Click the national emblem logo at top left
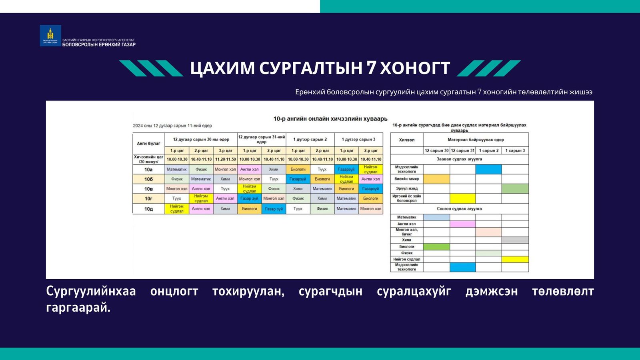click(x=50, y=36)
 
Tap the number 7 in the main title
click(x=371, y=68)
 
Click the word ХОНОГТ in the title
click(x=415, y=68)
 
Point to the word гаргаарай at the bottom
click(x=78, y=308)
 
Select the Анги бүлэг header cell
click(x=148, y=143)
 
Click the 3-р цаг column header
click(x=225, y=151)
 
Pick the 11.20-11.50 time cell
click(x=225, y=159)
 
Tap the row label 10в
click(x=148, y=189)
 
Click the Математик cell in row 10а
click(x=177, y=169)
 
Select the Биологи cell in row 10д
click(x=250, y=209)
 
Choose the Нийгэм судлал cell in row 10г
click(x=201, y=198)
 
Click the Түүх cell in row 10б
click(x=274, y=179)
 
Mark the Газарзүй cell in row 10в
click(x=370, y=189)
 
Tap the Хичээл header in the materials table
click(x=406, y=140)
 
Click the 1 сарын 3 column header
click(x=515, y=151)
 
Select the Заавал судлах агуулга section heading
click(x=459, y=159)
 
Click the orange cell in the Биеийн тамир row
click(x=436, y=179)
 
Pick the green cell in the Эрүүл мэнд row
click(x=515, y=188)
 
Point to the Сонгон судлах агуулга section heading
click(x=459, y=209)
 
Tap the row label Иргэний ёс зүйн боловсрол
click(x=406, y=198)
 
